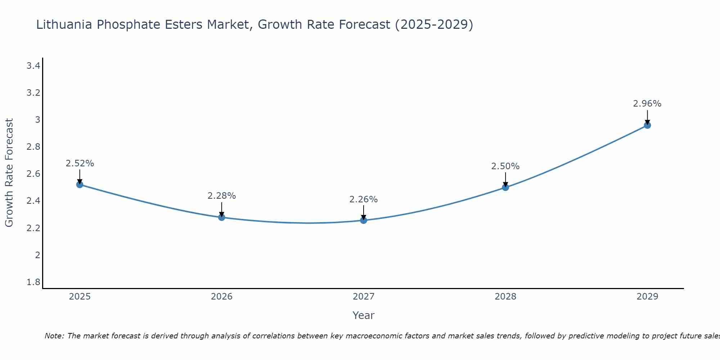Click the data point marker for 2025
(x=80, y=185)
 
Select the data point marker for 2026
(x=222, y=217)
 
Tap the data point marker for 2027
(x=364, y=220)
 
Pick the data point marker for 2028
(x=505, y=187)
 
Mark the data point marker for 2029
(x=647, y=125)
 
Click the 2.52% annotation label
(x=80, y=163)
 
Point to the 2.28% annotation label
(x=222, y=196)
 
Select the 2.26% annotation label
(x=364, y=199)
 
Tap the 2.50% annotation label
(x=505, y=166)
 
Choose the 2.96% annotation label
(x=647, y=104)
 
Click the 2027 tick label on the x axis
(x=364, y=297)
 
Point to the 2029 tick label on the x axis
(x=647, y=297)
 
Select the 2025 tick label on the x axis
(x=80, y=297)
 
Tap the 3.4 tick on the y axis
(x=33, y=66)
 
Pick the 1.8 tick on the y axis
(x=33, y=282)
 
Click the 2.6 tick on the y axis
(x=33, y=174)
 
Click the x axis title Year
(x=364, y=315)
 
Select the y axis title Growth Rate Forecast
(x=9, y=173)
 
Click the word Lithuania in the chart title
(x=64, y=24)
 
